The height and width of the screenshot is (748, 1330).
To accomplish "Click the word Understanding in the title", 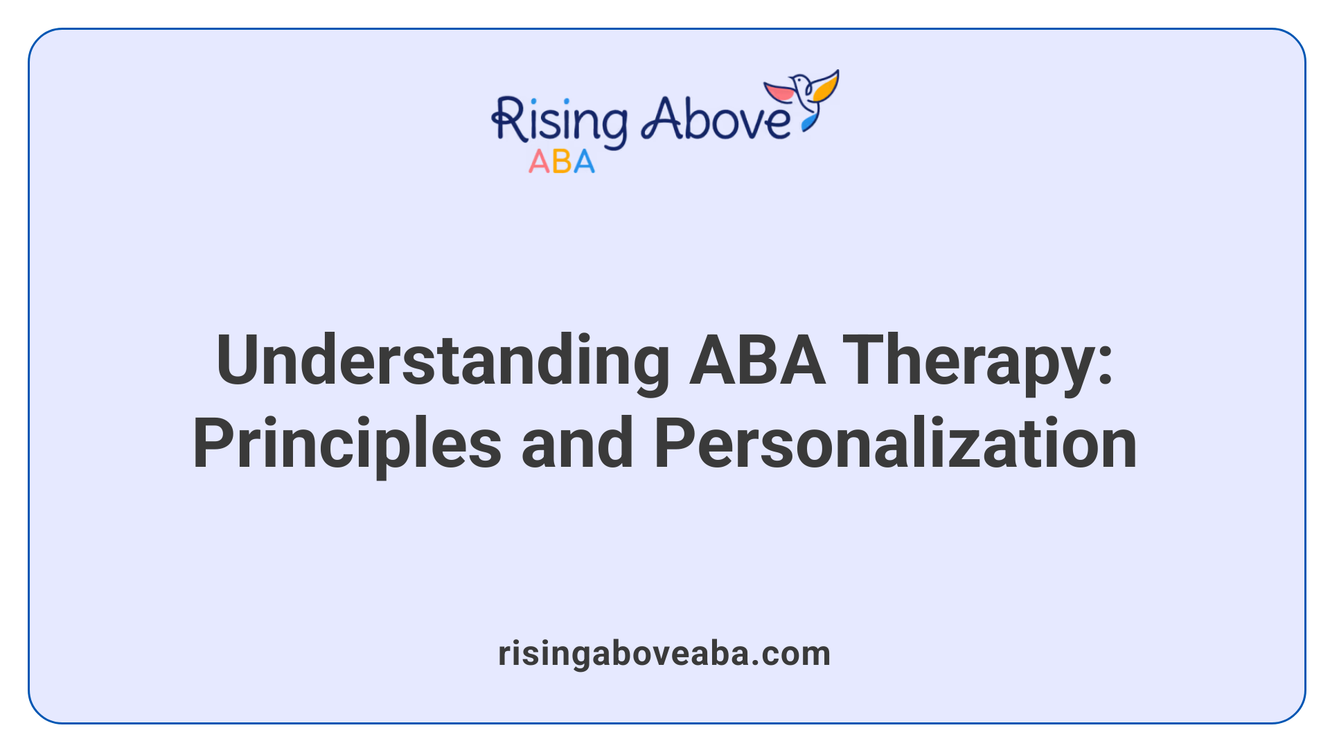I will pyautogui.click(x=442, y=361).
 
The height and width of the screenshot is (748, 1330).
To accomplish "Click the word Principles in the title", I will pyautogui.click(x=346, y=444).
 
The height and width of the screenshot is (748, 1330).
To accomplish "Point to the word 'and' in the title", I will pyautogui.click(x=577, y=444).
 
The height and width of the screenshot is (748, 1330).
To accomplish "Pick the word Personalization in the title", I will pyautogui.click(x=895, y=444).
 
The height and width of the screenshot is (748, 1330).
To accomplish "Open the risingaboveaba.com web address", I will pyautogui.click(x=664, y=654).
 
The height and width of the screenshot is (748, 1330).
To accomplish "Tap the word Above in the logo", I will pyautogui.click(x=715, y=119).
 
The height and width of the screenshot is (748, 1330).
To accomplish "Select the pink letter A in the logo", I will pyautogui.click(x=539, y=162).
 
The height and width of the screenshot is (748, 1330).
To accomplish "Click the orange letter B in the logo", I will pyautogui.click(x=562, y=162).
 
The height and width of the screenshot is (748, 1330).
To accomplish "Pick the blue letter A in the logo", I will pyautogui.click(x=584, y=162).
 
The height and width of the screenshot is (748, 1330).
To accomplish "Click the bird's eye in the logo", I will pyautogui.click(x=804, y=81).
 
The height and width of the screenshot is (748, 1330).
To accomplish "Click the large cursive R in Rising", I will pyautogui.click(x=508, y=121).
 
